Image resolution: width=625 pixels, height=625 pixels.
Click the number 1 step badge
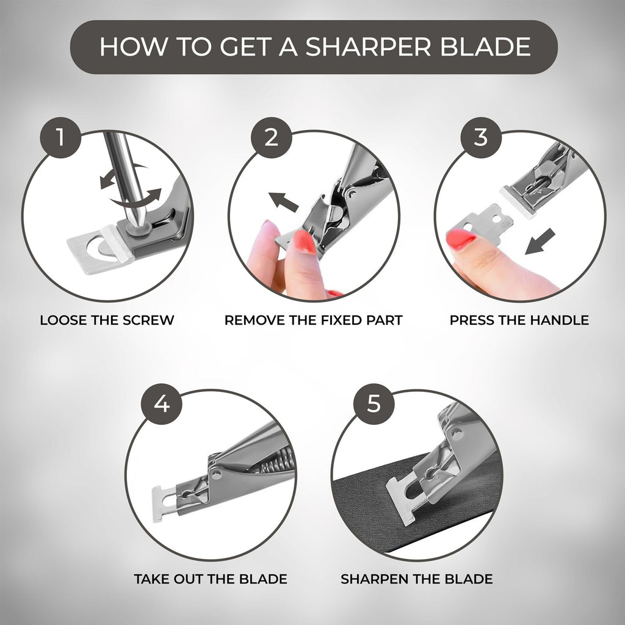[60, 137]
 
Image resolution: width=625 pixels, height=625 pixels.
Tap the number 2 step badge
[272, 137]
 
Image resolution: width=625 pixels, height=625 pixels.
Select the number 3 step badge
[481, 137]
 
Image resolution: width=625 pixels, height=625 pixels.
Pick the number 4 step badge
[162, 404]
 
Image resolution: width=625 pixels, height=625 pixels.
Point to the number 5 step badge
[374, 404]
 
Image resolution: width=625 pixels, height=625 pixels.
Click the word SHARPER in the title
[368, 46]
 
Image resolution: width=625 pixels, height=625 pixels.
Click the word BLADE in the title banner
[485, 46]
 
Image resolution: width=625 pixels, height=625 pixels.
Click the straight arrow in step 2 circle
[283, 202]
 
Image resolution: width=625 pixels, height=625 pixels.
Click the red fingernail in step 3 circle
[461, 239]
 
